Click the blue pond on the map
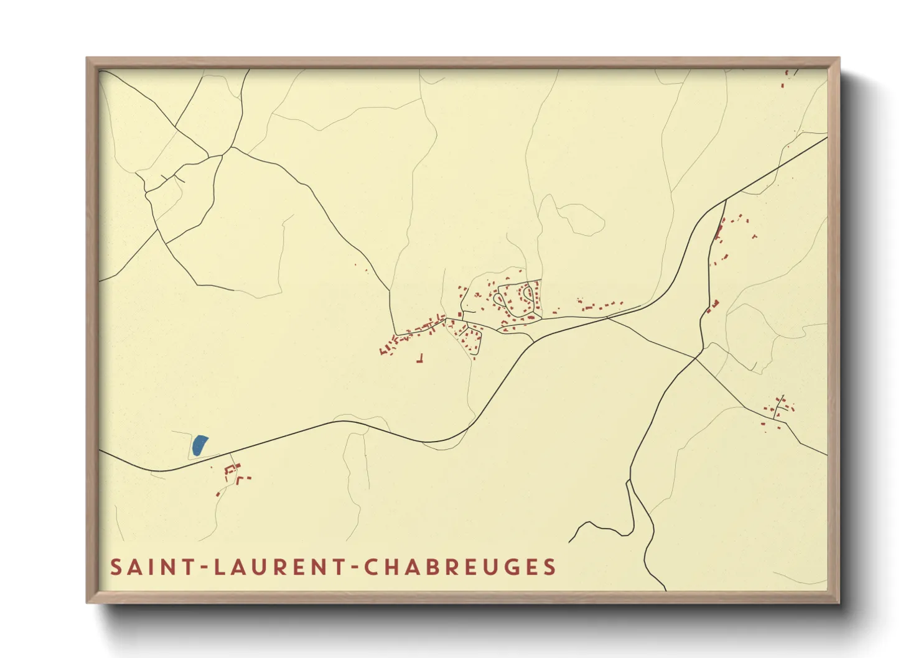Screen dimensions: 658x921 coord(199,445)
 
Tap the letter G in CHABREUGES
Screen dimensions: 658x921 coord(510,567)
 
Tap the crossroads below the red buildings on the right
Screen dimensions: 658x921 coord(696,358)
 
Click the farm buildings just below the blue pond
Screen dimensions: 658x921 coord(233,473)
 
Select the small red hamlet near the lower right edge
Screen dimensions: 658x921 coord(778,410)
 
